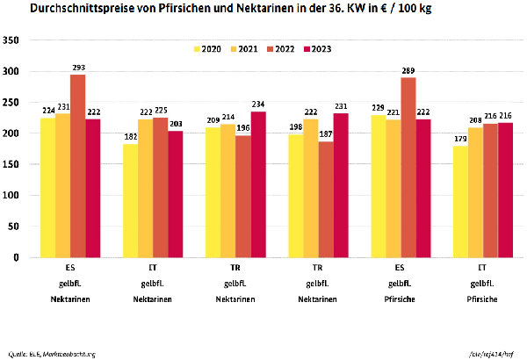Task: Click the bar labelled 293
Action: [x=77, y=166]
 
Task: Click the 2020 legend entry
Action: [x=206, y=48]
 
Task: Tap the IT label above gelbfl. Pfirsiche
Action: [x=482, y=267]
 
